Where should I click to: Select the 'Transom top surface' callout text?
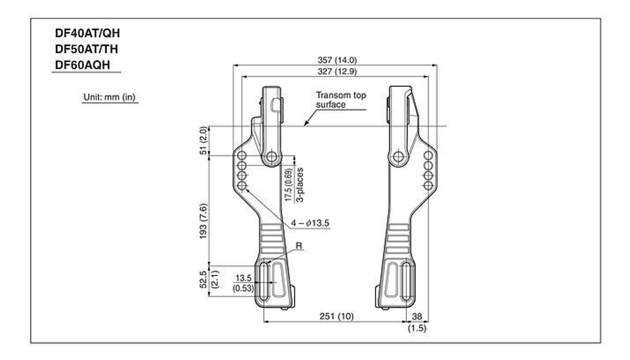pos(340,100)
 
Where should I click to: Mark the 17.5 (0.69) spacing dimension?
pos(288,185)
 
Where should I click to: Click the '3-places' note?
pos(300,184)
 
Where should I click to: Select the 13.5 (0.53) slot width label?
pos(244,283)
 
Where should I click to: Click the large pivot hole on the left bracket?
pos(272,156)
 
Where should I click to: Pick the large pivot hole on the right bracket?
pos(398,156)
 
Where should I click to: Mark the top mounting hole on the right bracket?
pos(428,155)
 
